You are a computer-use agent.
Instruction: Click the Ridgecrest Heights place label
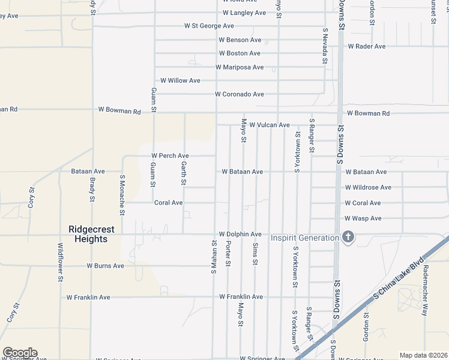(x=88, y=233)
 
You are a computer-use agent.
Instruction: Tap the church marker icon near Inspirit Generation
(x=348, y=238)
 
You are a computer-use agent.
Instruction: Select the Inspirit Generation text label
(x=304, y=238)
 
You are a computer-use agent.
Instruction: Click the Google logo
(x=20, y=353)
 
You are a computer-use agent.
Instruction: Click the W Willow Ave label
(x=180, y=80)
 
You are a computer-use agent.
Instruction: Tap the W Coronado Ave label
(x=240, y=94)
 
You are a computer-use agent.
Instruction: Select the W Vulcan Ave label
(x=270, y=125)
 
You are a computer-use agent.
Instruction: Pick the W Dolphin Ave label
(x=240, y=234)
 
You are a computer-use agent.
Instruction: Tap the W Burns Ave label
(x=105, y=265)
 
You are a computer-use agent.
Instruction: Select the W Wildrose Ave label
(x=368, y=187)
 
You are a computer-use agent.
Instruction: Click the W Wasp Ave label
(x=363, y=218)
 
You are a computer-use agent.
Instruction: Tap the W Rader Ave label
(x=366, y=46)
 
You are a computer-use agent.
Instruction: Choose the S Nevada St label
(x=325, y=46)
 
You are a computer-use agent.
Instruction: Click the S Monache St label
(x=122, y=195)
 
